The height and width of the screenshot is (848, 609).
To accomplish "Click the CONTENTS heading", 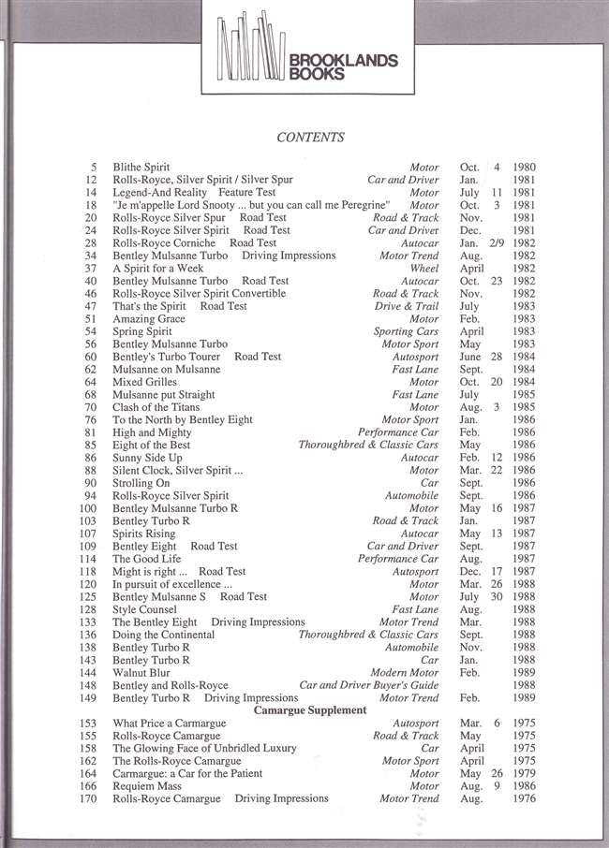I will [x=310, y=138].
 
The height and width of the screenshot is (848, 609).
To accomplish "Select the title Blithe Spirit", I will [x=141, y=168].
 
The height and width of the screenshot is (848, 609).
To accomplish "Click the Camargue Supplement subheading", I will [x=310, y=710].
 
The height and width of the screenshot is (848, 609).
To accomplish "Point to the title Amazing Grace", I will [x=148, y=319].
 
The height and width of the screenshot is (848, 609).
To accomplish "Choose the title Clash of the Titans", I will [x=155, y=408].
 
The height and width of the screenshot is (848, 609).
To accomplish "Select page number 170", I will [x=90, y=798].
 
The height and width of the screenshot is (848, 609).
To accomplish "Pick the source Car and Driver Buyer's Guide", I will [x=368, y=685].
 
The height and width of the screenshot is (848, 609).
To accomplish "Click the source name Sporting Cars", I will [x=406, y=331].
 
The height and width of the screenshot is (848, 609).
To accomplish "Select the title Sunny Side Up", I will [x=148, y=459].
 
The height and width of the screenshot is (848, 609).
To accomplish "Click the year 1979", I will [x=525, y=774].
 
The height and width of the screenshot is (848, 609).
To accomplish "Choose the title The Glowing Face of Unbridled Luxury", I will [x=204, y=749].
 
